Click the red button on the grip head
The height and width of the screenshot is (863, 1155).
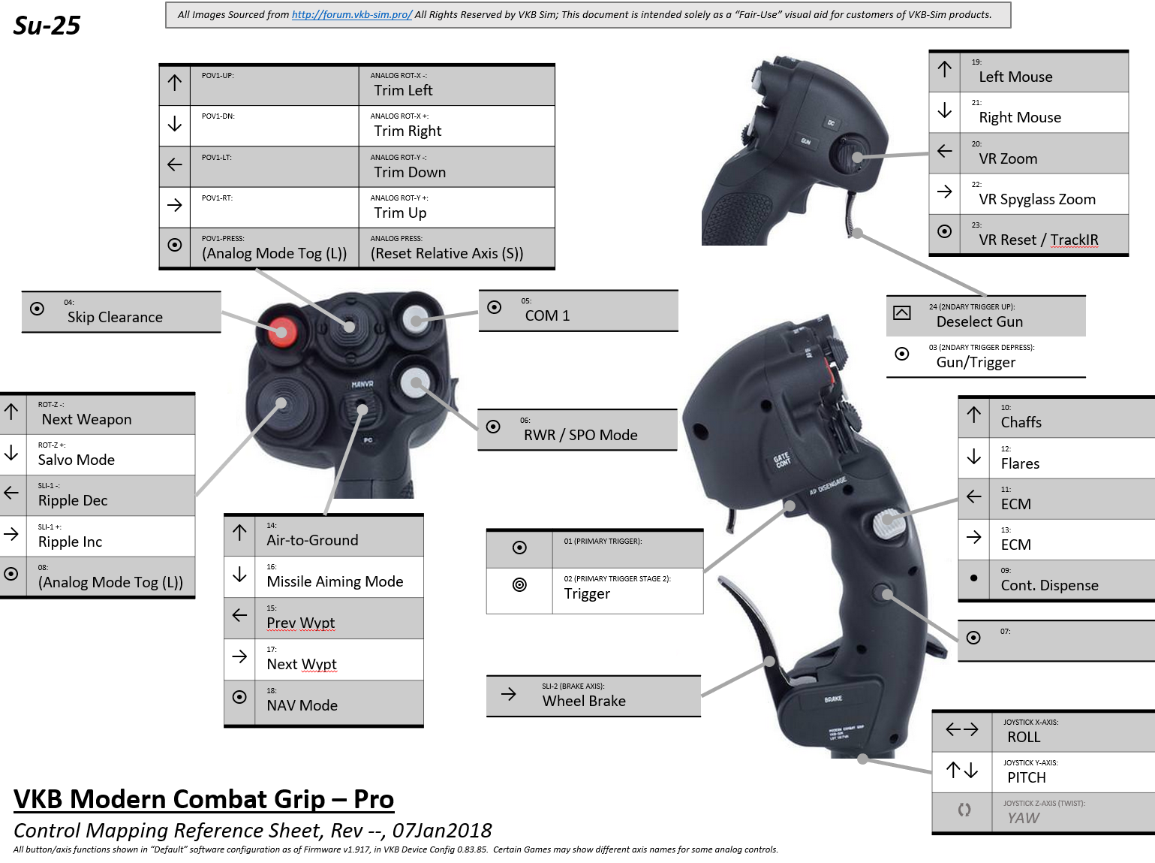[281, 330]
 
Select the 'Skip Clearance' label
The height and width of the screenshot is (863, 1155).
[115, 317]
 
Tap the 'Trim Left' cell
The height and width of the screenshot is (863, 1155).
[403, 90]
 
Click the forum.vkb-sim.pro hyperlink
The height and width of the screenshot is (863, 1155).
[351, 14]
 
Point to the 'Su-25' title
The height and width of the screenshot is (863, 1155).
[47, 26]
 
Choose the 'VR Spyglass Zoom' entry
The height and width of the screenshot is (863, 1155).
[1036, 199]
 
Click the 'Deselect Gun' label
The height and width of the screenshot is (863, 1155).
[979, 321]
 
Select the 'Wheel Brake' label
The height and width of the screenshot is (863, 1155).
[584, 701]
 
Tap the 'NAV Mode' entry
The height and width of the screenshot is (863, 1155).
[302, 705]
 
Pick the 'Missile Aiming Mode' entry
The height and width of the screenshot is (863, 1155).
[335, 581]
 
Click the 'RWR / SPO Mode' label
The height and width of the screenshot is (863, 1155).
[580, 435]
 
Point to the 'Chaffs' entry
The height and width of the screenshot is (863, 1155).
[1021, 422]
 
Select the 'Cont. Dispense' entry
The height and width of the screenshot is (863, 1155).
[1049, 585]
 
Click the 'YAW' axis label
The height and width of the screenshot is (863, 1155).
[1023, 818]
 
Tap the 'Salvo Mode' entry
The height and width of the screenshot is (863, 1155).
[77, 460]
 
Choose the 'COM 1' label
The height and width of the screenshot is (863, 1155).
[547, 315]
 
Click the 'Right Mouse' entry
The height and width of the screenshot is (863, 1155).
[1019, 117]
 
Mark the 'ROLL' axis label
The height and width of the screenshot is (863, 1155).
[1024, 737]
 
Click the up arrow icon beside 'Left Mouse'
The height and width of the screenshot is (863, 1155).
[945, 70]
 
